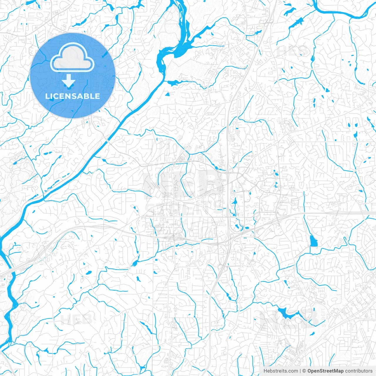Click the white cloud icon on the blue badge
tap(72, 58)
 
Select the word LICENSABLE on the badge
tap(73, 96)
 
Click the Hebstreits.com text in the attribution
tap(281, 371)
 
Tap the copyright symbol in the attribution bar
tap(304, 371)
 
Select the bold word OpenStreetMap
tap(325, 371)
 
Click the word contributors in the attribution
tap(359, 371)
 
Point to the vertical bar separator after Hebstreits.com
tap(300, 371)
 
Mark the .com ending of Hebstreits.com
tap(293, 371)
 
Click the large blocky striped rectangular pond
tap(314, 241)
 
